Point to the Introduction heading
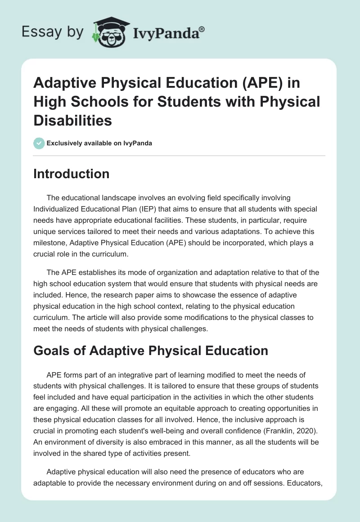pyautogui.click(x=71, y=174)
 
